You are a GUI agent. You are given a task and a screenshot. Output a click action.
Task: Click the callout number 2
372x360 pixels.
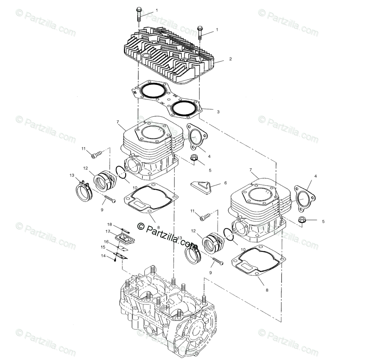[x=230, y=59]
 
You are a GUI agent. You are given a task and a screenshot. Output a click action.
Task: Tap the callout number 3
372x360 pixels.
[x=218, y=112]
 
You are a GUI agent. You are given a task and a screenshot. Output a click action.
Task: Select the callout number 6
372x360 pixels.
[x=225, y=183]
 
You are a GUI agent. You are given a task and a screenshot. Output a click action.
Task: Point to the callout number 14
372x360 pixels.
[x=103, y=256]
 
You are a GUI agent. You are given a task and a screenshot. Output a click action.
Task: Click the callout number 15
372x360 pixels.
[x=103, y=247]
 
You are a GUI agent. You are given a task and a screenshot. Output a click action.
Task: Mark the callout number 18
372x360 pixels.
[x=109, y=224]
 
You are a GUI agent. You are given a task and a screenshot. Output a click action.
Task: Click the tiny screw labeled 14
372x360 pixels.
[x=115, y=260]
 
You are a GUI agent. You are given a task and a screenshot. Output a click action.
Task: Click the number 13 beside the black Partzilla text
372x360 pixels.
[x=180, y=238]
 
